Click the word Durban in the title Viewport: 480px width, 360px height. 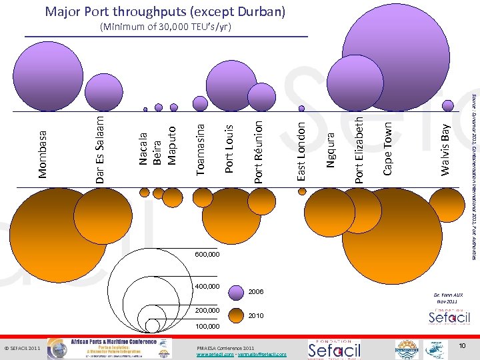click(x=261, y=12)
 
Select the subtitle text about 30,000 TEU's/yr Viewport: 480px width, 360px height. click(x=165, y=27)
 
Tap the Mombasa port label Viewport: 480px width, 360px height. click(x=43, y=154)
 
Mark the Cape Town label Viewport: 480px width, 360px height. click(x=387, y=148)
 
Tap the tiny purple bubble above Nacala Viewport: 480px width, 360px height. click(x=145, y=109)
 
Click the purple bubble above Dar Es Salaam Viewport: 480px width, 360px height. click(x=103, y=93)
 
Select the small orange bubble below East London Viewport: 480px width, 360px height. click(x=302, y=190)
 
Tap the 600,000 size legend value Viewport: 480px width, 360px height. click(x=207, y=255)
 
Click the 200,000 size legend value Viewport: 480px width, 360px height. click(x=207, y=311)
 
